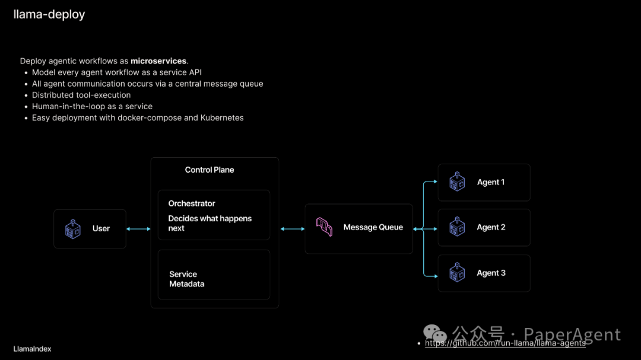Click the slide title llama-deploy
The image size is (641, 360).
[49, 14]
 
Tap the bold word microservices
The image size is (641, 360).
[158, 61]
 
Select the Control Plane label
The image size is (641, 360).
[210, 170]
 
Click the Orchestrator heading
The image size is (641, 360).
[192, 203]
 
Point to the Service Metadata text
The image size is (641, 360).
[186, 279]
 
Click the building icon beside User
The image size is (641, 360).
[72, 228]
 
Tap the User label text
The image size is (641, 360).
[101, 228]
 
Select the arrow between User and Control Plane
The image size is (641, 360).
[138, 228]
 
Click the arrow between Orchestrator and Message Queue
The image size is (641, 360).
[292, 228]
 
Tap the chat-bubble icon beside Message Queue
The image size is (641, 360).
[324, 227]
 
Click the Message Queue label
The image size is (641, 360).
[373, 227]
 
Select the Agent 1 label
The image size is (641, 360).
[491, 182]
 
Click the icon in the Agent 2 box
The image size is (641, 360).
[457, 227]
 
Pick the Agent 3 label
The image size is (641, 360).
[491, 273]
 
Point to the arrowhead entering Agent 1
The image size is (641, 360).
[435, 183]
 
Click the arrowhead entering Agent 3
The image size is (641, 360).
[435, 275]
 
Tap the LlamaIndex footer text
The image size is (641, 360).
[32, 349]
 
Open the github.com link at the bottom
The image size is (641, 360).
[505, 343]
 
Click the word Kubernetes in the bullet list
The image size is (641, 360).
[221, 117]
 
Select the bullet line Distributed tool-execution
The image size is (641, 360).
[81, 95]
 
